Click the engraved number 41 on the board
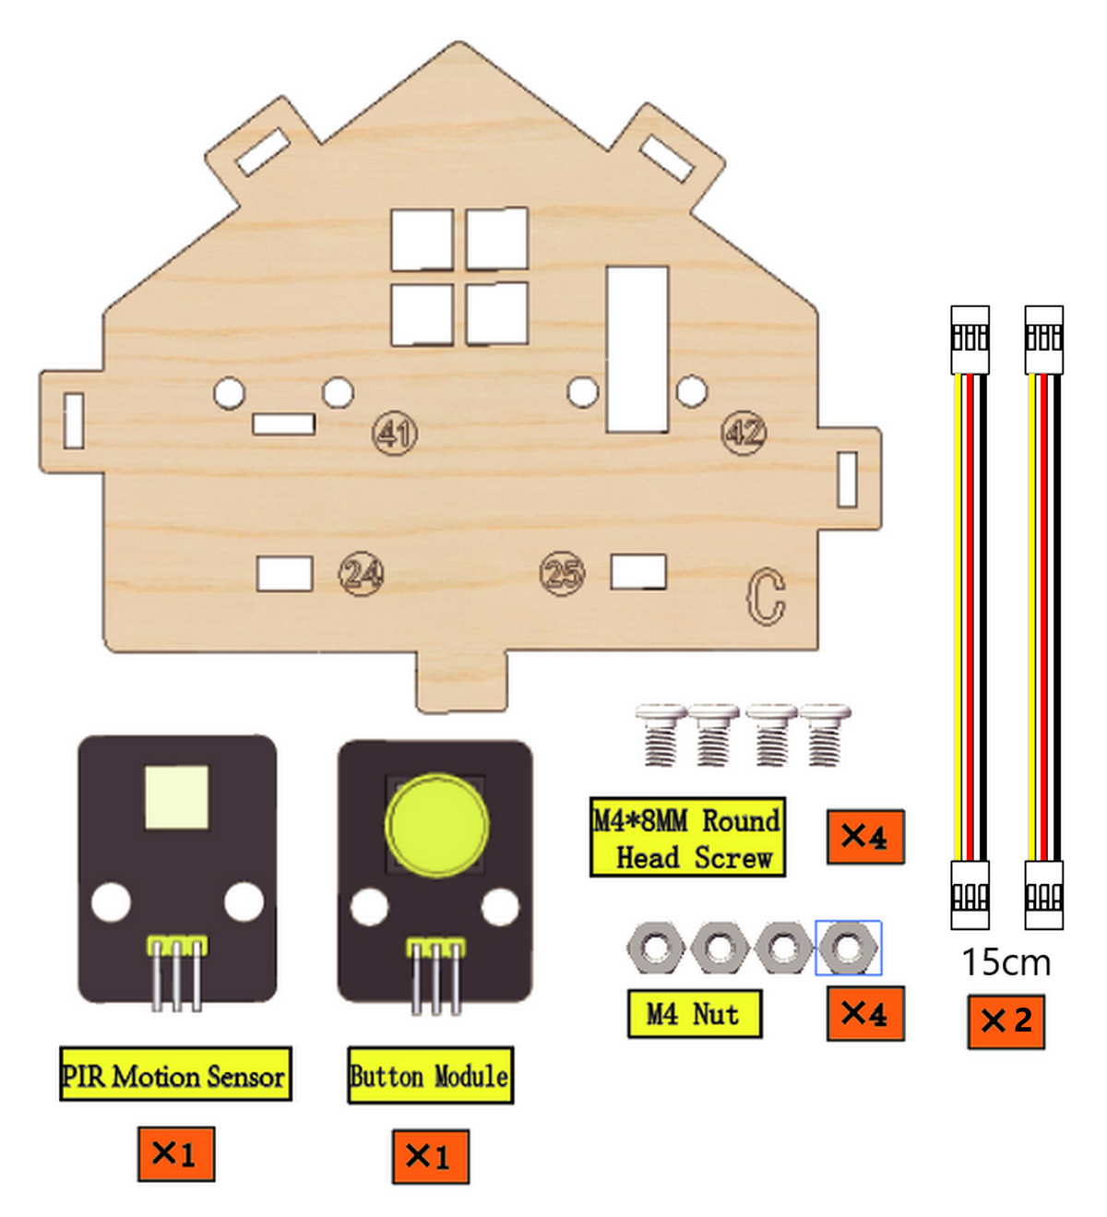coord(394,433)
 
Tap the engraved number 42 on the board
coord(744,432)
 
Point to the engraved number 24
coord(361,573)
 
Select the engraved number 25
coord(563,573)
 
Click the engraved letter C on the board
coord(766,596)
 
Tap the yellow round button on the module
coord(436,825)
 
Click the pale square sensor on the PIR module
coord(176,797)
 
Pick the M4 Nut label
coord(695,1014)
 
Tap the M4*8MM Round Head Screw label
coord(687,837)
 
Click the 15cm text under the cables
coord(1006,962)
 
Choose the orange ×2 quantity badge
coord(1006,1021)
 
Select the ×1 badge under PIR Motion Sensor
coord(176,1154)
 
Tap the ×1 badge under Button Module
coord(430,1156)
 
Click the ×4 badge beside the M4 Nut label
coord(865,1014)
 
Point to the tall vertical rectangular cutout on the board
coord(637,350)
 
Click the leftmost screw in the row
coord(660,734)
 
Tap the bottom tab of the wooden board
coord(461,679)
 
